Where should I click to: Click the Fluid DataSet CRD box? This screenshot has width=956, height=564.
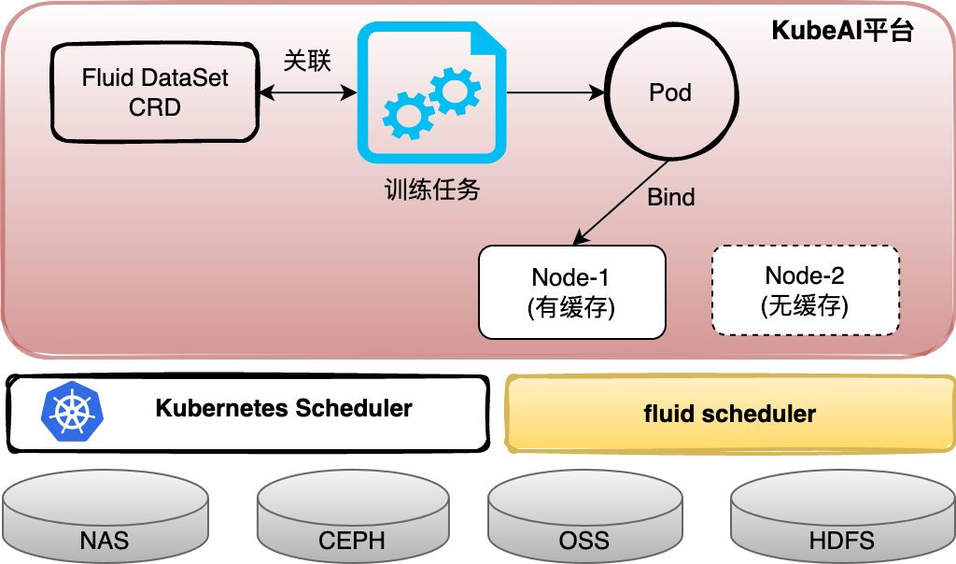coord(154,92)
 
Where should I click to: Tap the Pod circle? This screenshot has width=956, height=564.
coord(669,92)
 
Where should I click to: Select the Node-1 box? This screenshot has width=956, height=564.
coord(572,291)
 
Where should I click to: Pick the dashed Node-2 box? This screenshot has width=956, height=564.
coord(805,290)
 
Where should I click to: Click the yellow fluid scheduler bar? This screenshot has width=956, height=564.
coord(730,414)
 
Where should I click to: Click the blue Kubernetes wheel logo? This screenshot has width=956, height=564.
coord(74,412)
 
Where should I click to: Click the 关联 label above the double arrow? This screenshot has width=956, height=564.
coord(307,62)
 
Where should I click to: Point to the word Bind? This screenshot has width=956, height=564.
coord(670,197)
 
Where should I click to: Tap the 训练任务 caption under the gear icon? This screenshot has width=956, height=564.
coord(431,190)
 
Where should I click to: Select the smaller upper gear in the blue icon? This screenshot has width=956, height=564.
coord(455,91)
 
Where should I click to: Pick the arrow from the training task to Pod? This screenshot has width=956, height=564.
coord(555,92)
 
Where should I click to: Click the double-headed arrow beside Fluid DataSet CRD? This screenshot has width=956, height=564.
coord(308,92)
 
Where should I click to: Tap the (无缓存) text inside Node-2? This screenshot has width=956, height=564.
coord(805,306)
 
